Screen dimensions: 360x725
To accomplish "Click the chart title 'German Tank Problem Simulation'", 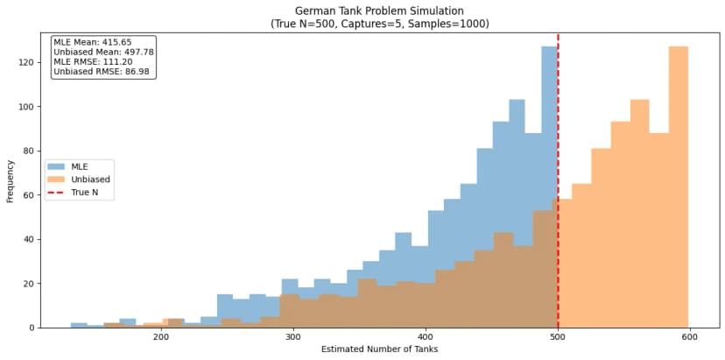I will (x=380, y=11).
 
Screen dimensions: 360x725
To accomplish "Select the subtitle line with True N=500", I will (x=380, y=24).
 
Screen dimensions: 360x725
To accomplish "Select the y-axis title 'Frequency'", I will (x=10, y=181).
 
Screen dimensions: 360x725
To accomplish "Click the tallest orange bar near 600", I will (x=679, y=175).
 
